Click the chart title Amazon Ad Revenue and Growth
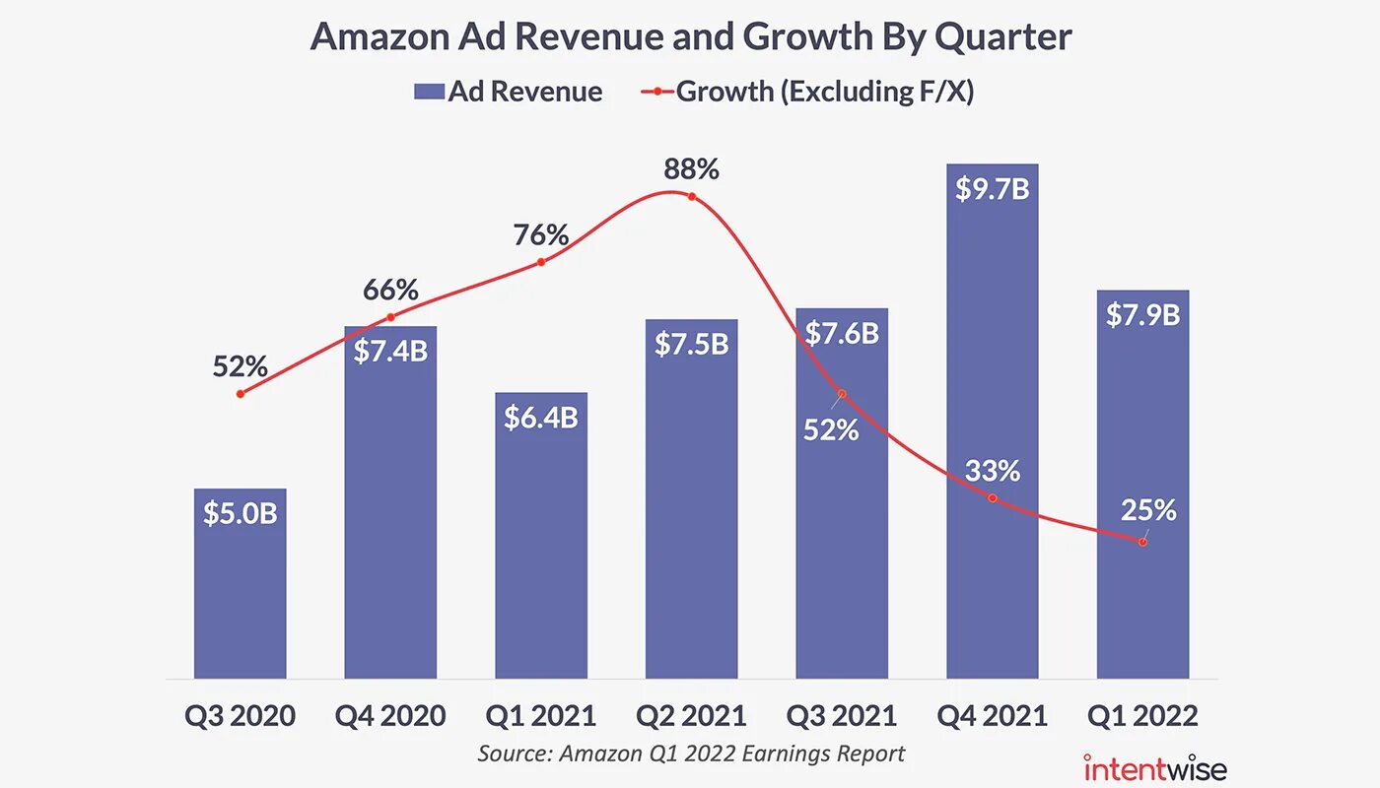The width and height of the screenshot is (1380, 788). coord(690,37)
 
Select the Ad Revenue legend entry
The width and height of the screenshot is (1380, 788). coord(508,92)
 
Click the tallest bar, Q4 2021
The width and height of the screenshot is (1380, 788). coord(992,443)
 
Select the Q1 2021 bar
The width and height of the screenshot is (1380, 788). coord(541,552)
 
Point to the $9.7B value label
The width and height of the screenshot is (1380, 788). coord(992,188)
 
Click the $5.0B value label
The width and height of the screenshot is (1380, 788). coord(241,513)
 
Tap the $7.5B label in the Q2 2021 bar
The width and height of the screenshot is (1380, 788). coord(692,344)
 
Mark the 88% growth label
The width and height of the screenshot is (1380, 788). coord(691,169)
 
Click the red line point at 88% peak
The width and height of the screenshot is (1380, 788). coord(692,197)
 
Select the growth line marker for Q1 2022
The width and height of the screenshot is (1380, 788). coord(1142,542)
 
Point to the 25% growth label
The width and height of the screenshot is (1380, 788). coord(1148,510)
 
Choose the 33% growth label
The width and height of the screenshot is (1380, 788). coord(993,471)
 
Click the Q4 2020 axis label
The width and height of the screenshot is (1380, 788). coord(390,715)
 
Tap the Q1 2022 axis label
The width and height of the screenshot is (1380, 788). coord(1142,715)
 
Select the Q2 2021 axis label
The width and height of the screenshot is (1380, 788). coord(691,715)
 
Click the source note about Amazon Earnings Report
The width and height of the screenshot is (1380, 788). coord(691,754)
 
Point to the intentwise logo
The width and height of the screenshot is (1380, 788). coord(1155,767)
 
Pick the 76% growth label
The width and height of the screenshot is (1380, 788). coord(541,235)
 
